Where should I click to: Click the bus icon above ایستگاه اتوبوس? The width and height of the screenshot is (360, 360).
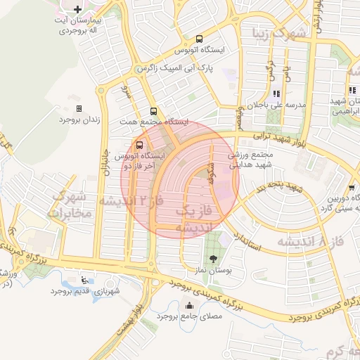tap(200, 39)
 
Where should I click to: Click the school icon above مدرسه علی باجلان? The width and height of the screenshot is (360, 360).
tap(276, 93)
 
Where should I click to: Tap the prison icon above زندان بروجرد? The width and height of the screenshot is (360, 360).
tap(78, 108)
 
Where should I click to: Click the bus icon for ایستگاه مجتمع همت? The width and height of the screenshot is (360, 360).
tap(153, 111)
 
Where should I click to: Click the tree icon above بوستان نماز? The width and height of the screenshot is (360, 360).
tap(213, 259)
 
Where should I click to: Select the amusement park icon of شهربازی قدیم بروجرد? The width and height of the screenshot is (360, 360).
tap(86, 279)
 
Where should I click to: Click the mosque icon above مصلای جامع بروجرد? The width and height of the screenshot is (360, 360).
tap(188, 305)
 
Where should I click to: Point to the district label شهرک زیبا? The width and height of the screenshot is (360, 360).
tap(281, 32)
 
